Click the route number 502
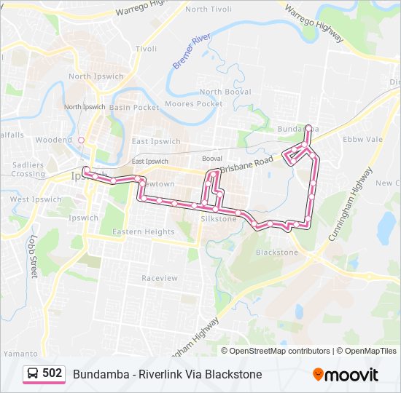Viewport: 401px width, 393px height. pyautogui.click(x=52, y=373)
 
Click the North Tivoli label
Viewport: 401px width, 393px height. pyautogui.click(x=209, y=9)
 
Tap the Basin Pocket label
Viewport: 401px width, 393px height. pyautogui.click(x=134, y=107)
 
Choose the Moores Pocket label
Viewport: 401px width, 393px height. pyautogui.click(x=194, y=104)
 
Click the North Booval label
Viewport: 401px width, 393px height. pyautogui.click(x=225, y=92)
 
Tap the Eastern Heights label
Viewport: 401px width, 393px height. pyautogui.click(x=144, y=232)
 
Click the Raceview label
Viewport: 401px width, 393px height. pyautogui.click(x=160, y=278)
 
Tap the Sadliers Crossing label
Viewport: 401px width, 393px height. pyautogui.click(x=28, y=170)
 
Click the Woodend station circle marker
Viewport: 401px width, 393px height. pyautogui.click(x=82, y=140)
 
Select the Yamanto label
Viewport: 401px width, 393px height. pyautogui.click(x=20, y=353)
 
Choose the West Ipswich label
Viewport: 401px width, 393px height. pyautogui.click(x=36, y=199)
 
